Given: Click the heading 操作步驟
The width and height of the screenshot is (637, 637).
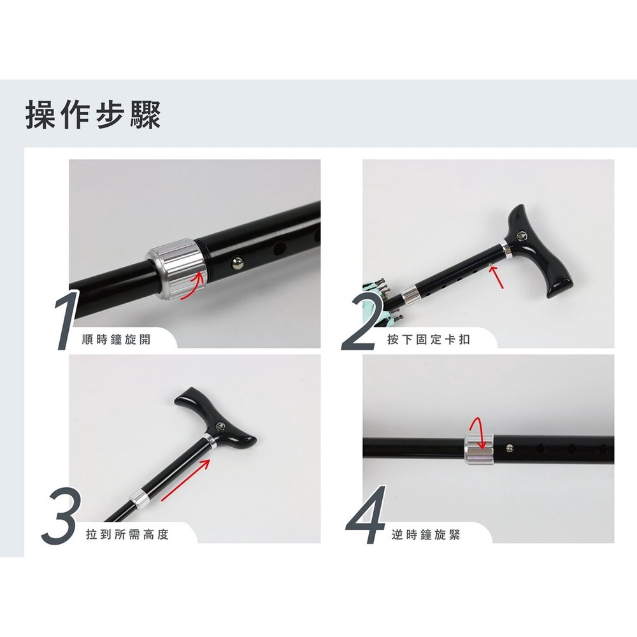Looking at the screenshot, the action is coord(93,115).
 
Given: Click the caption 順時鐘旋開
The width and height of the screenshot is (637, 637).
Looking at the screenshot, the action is coord(116,340).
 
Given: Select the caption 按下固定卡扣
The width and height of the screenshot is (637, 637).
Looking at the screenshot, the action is coord(429,340).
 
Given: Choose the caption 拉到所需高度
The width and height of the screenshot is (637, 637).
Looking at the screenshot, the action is coord(127,534).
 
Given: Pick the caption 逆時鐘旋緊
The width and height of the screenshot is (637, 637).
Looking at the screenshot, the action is coord(426,534).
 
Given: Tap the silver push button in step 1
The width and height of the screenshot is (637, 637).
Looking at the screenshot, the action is coord(238,265).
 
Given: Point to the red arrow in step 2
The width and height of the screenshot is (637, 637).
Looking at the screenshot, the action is coord(497,278).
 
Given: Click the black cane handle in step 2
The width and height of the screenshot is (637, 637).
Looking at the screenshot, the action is coord(538,250).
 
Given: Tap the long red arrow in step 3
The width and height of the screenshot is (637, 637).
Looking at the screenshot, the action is coord(185,480).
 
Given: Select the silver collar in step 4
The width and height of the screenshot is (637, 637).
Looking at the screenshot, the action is coord(478,449).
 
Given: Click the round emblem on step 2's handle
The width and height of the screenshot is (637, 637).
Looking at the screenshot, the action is coord(520,235).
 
